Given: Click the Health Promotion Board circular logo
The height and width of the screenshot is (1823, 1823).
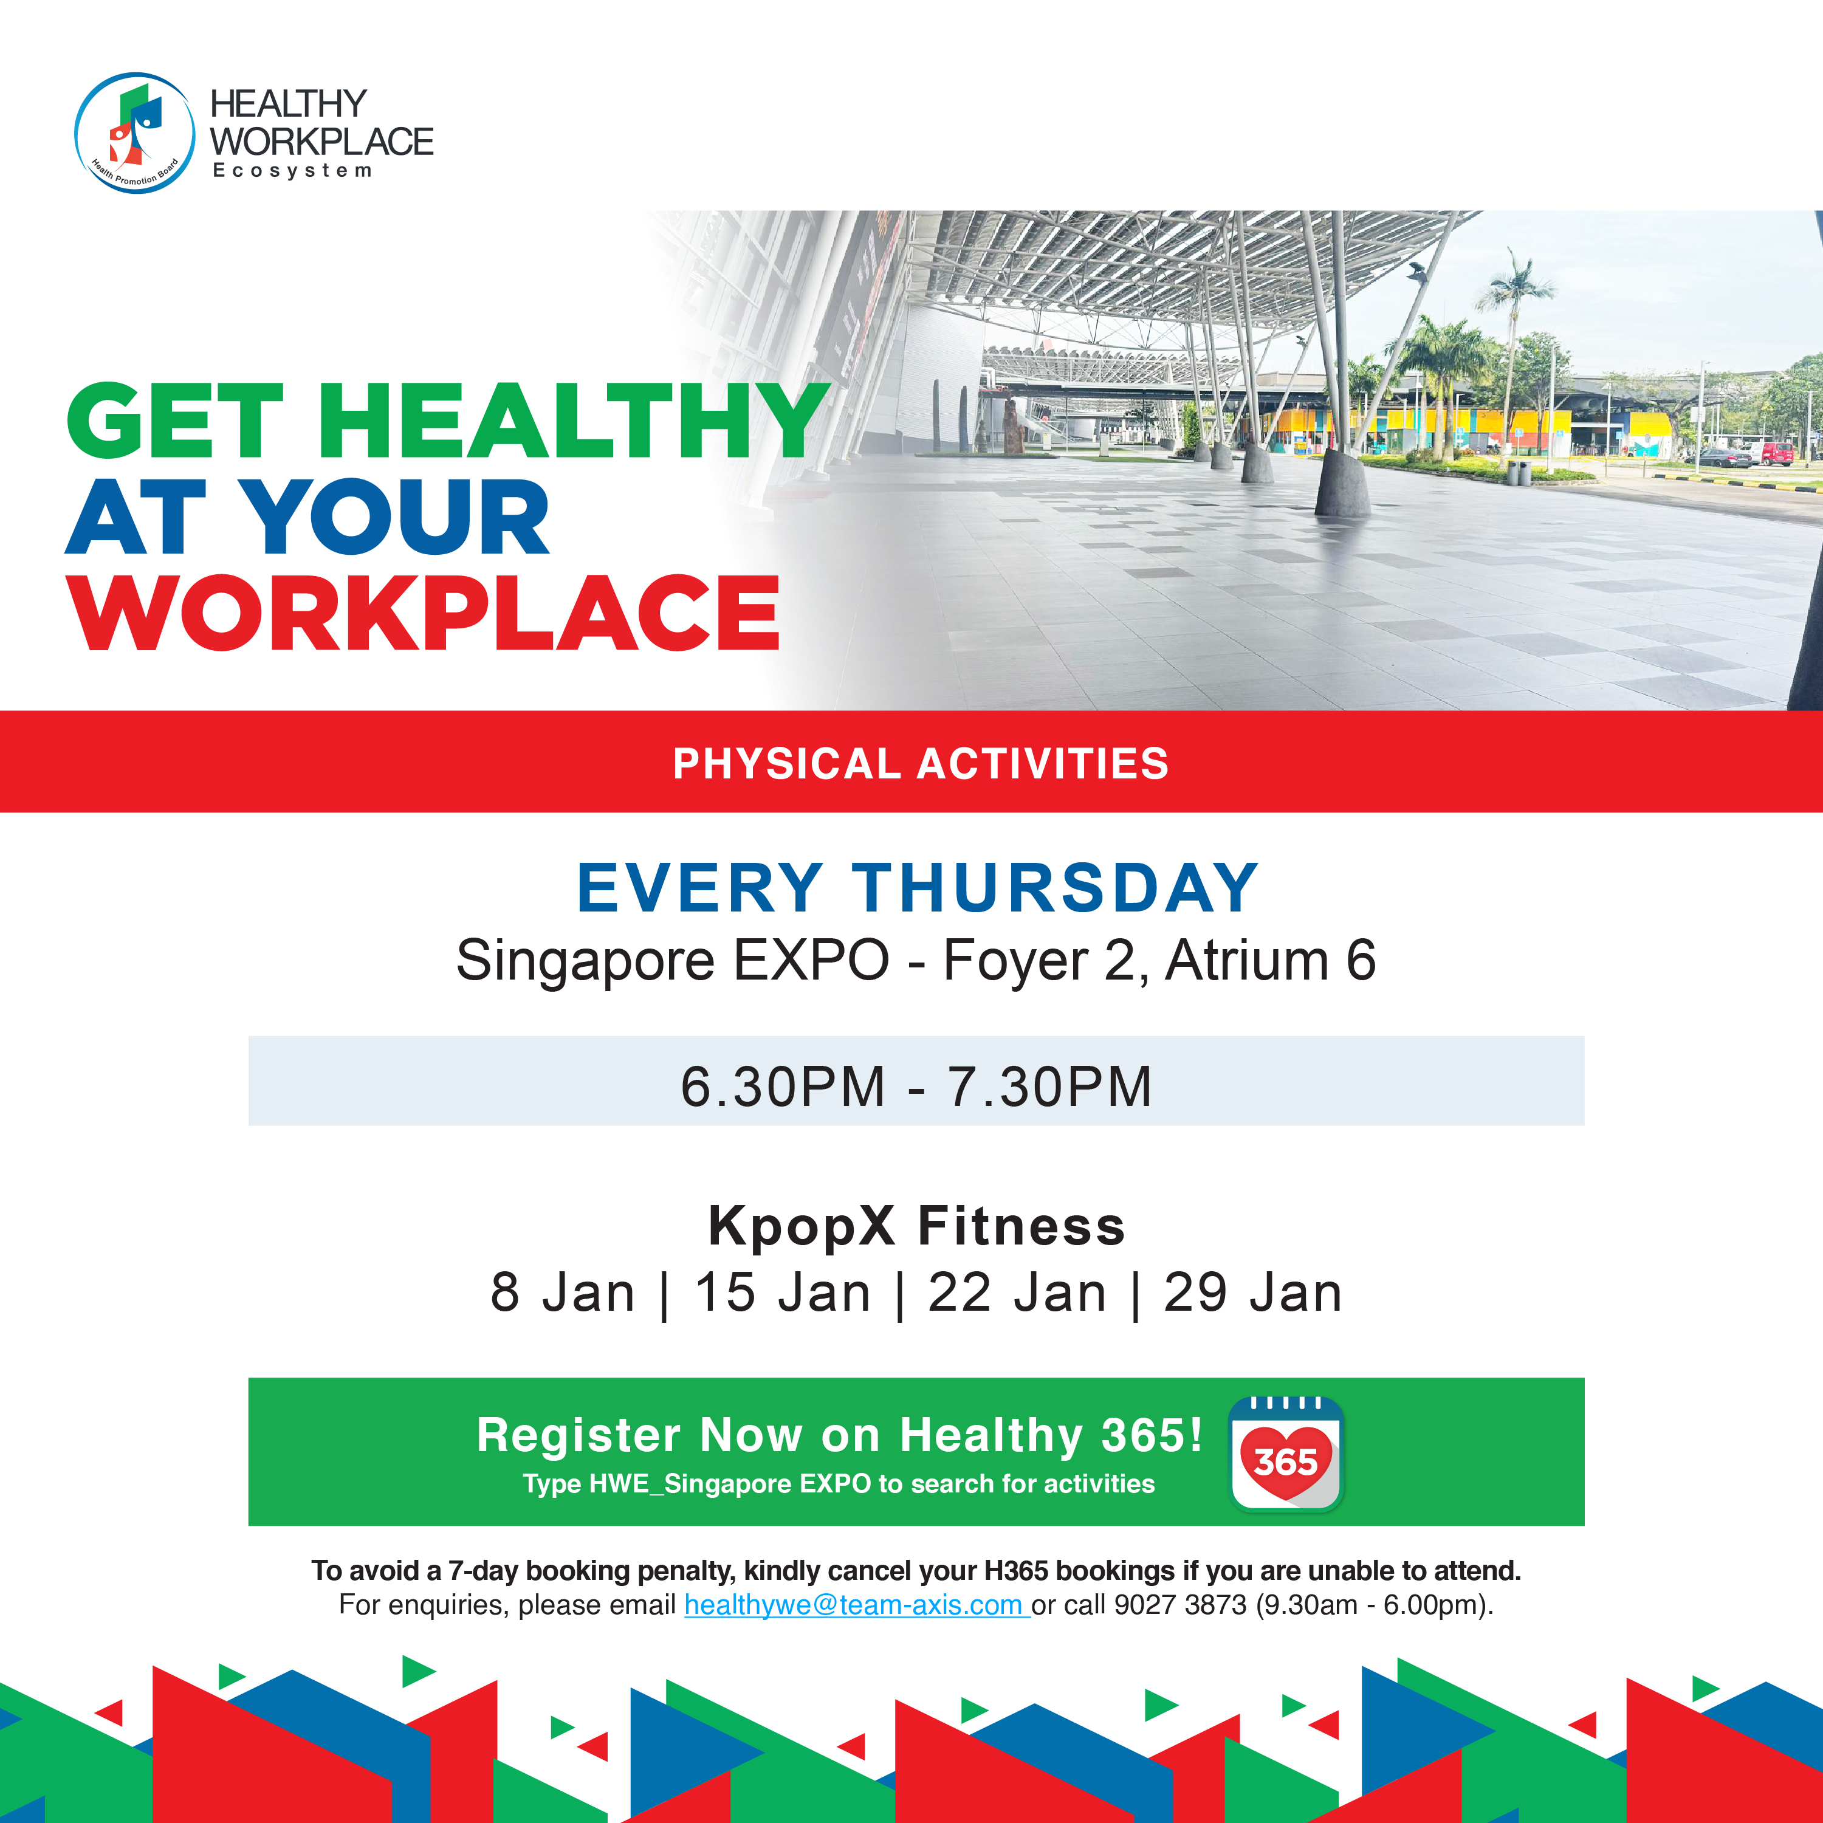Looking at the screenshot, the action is tap(135, 133).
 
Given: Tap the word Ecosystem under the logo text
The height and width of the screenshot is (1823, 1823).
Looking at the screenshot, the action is tap(292, 171).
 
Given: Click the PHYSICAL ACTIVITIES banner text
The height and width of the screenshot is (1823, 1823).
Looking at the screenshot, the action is tap(921, 763).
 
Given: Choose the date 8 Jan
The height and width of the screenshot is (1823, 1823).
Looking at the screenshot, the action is tap(562, 1292).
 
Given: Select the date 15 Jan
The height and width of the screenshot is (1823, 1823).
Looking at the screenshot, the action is tap(782, 1292).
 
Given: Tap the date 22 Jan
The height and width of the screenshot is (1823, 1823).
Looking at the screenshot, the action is tap(1017, 1292).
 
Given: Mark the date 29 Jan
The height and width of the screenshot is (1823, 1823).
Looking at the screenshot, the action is tap(1252, 1292).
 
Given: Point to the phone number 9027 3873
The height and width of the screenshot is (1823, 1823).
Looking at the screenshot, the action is tap(1181, 1605).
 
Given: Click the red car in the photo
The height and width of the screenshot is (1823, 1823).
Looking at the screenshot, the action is tap(1777, 453).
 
